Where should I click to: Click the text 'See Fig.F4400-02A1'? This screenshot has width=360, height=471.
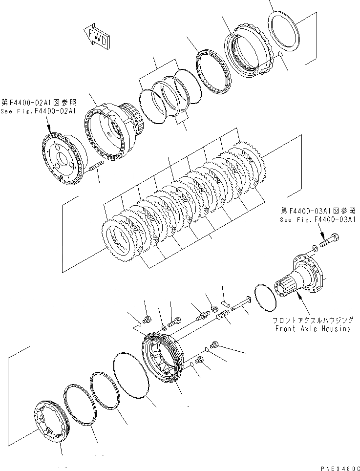point(38,111)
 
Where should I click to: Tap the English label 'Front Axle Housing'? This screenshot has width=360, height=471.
point(313,329)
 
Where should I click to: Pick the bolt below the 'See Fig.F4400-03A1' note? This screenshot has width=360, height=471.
point(330,241)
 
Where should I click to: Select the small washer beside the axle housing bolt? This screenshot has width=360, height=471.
point(315,249)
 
